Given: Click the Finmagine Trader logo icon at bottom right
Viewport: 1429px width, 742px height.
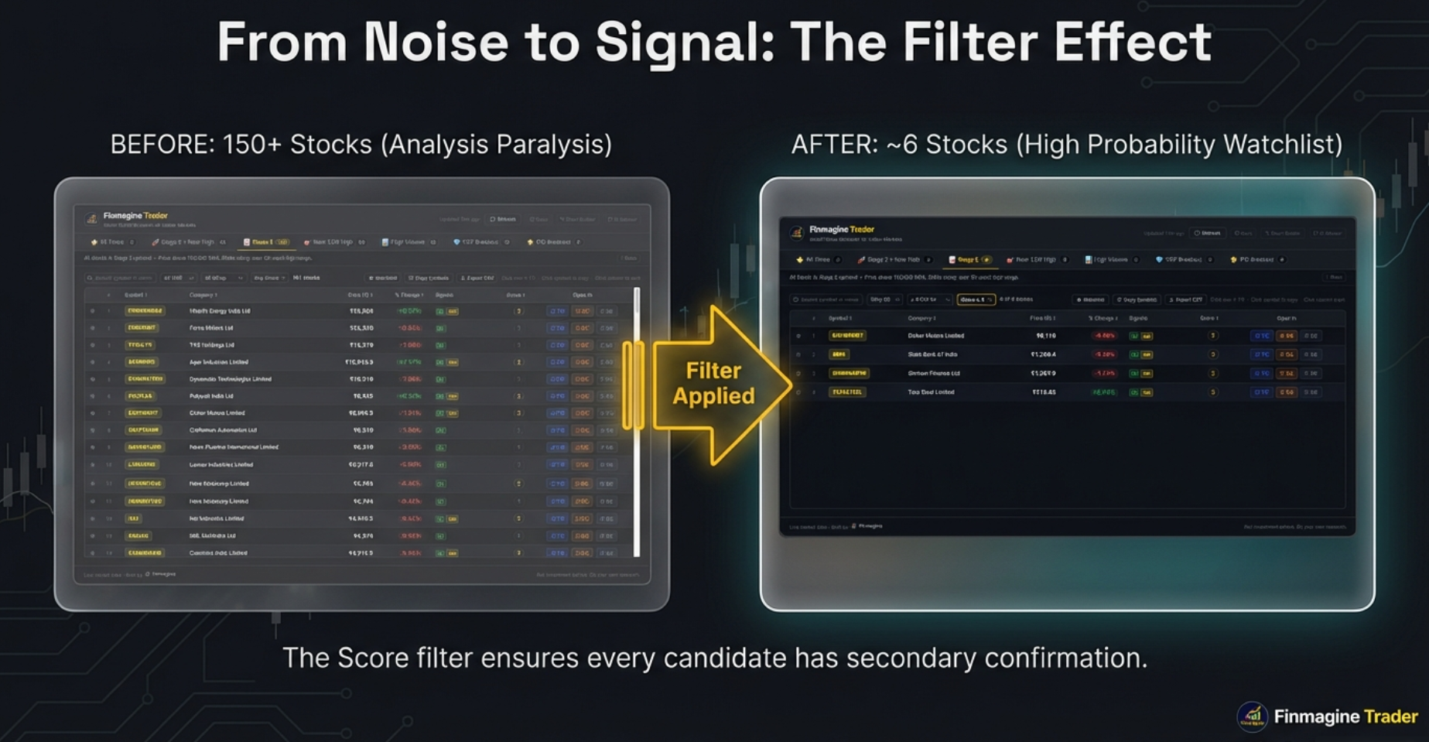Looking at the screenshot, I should [1252, 716].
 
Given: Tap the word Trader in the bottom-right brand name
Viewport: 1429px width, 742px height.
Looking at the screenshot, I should [1390, 717].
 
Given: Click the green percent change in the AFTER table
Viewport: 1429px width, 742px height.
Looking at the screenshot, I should [1103, 392].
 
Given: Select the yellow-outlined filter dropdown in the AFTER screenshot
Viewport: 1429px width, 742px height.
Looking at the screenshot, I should [976, 299].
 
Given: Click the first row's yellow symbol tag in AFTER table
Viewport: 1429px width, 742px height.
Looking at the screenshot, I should [847, 336].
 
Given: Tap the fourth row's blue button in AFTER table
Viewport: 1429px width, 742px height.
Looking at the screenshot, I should [1261, 392].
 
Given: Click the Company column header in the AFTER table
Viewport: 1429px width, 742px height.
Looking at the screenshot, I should [921, 318].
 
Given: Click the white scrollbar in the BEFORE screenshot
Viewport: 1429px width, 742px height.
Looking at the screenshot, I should [637, 422].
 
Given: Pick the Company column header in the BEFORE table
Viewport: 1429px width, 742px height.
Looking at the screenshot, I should [203, 295].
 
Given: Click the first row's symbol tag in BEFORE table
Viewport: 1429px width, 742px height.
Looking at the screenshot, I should [145, 311].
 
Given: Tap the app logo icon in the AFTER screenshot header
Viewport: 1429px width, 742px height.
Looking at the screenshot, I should [796, 232].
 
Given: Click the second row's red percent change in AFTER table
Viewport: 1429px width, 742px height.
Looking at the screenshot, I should [1103, 354].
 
